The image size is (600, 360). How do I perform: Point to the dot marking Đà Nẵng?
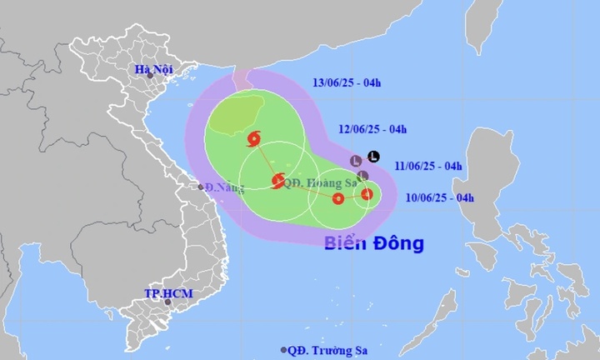pyautogui.click(x=201, y=187)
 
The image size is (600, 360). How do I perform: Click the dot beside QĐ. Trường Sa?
pyautogui.click(x=285, y=350)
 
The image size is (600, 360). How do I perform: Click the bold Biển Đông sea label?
pyautogui.click(x=374, y=243)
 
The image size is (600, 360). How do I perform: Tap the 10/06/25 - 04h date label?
pyautogui.click(x=439, y=197)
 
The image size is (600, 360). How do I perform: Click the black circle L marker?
pyautogui.click(x=373, y=156)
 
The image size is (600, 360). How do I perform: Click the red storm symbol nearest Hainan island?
pyautogui.click(x=253, y=139)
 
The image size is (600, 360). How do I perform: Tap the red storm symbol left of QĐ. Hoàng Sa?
pyautogui.click(x=277, y=180)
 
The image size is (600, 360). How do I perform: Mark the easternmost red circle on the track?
pyautogui.click(x=366, y=195)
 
